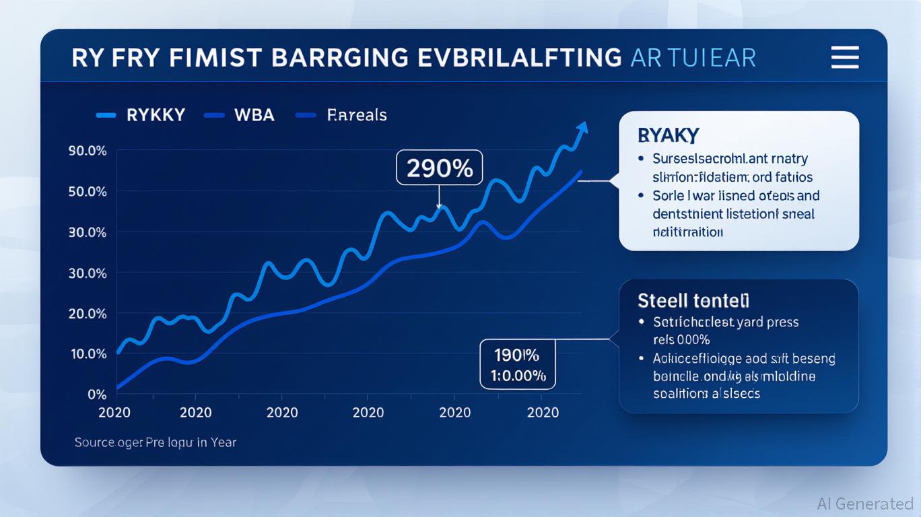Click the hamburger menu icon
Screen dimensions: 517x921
[845, 57]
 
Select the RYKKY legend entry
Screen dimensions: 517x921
[155, 115]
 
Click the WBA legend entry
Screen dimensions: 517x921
[254, 115]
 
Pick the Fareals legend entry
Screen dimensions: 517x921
[356, 115]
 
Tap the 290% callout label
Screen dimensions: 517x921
[439, 168]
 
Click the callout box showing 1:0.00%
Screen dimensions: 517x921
[518, 364]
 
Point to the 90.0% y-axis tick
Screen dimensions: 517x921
[88, 151]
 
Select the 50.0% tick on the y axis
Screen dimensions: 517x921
[88, 192]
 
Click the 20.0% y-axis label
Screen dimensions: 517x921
[88, 314]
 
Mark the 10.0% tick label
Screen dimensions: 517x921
[88, 354]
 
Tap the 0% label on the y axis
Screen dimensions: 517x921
[97, 394]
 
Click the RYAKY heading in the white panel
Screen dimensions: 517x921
[668, 135]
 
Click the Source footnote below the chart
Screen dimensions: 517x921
[155, 442]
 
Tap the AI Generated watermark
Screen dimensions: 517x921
[865, 504]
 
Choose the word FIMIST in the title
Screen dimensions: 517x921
[218, 58]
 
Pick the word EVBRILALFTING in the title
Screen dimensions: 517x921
[519, 58]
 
